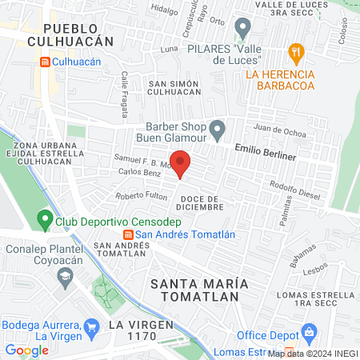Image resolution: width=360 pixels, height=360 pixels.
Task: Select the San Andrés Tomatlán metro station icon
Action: pyautogui.click(x=127, y=234)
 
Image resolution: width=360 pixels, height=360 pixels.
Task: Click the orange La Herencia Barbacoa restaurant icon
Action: pyautogui.click(x=297, y=54)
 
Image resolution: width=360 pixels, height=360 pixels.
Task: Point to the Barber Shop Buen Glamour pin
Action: pyautogui.click(x=217, y=128)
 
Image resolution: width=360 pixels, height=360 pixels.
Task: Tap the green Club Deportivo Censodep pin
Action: pyautogui.click(x=45, y=218)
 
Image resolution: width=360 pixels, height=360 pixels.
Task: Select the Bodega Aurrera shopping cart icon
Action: pyautogui.click(x=92, y=326)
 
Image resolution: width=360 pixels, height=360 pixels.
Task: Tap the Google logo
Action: pyautogui.click(x=27, y=350)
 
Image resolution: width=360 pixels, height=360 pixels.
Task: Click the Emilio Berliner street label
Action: pyautogui.click(x=265, y=151)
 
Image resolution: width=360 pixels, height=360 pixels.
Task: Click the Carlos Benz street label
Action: pyautogui.click(x=135, y=173)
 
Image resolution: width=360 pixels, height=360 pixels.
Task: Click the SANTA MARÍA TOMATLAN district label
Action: pyautogui.click(x=194, y=290)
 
